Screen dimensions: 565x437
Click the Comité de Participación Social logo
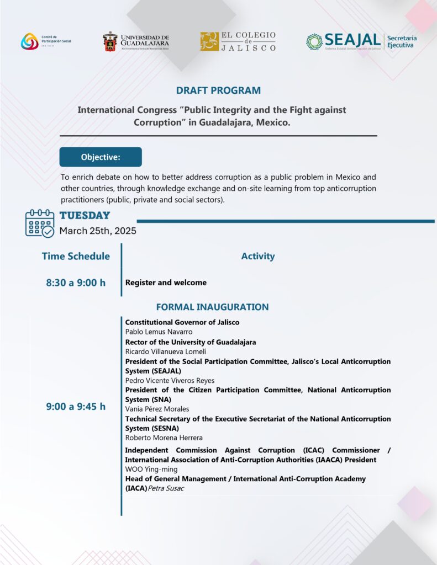(x=30, y=41)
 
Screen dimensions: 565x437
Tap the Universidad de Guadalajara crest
(x=109, y=41)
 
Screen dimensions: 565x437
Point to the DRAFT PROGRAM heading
(x=218, y=90)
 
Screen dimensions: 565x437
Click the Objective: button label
(x=101, y=157)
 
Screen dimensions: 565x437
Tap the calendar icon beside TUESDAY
(x=40, y=223)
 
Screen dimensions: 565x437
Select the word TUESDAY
(x=85, y=216)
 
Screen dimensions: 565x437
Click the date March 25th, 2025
(x=98, y=231)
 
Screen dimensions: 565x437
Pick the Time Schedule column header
(x=76, y=256)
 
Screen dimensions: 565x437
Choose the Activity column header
(x=257, y=256)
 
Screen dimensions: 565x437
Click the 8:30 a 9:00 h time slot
(x=76, y=282)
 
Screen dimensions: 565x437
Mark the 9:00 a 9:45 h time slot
(x=76, y=407)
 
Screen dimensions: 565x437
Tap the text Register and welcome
(x=166, y=282)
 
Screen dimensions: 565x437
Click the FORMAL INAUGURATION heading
(x=212, y=307)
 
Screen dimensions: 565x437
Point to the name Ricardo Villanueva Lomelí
(x=166, y=351)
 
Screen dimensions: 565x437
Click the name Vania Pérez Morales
(x=157, y=409)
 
